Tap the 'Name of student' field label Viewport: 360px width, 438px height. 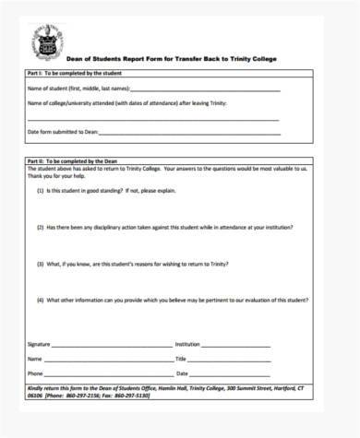(78, 89)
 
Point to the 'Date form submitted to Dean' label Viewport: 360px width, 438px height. (61, 133)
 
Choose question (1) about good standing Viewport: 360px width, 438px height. (113, 191)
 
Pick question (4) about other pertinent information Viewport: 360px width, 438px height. (172, 300)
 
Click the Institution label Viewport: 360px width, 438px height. (187, 344)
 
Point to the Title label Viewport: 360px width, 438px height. (181, 359)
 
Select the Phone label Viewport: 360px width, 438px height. (35, 373)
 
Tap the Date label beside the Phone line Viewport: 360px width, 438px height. (182, 373)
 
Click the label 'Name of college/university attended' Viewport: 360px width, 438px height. (138, 103)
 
